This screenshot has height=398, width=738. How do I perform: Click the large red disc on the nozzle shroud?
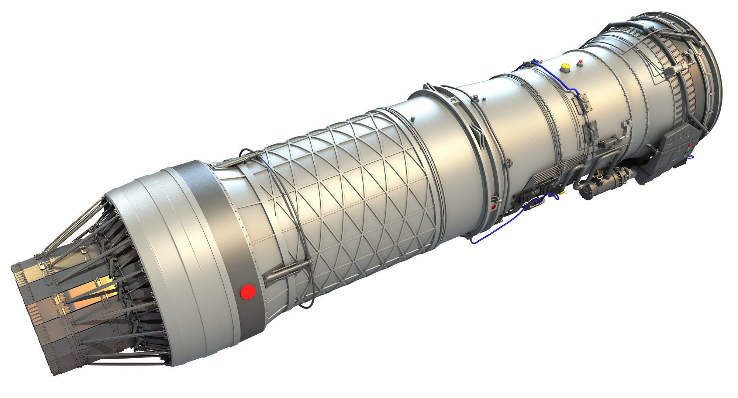point(248,291)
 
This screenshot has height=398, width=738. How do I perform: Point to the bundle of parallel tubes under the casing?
point(542,177)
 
